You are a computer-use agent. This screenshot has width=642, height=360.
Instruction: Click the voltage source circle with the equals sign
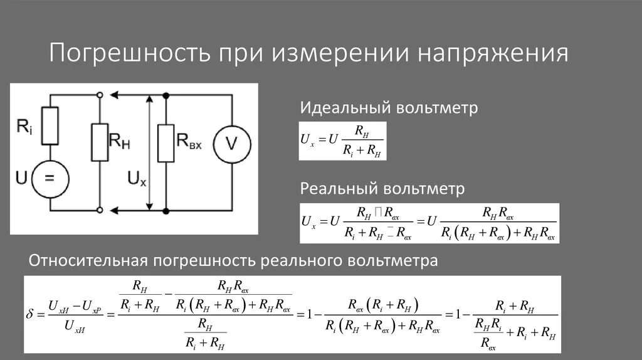pos(49,178)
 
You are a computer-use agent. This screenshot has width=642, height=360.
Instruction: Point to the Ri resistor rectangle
pos(50,125)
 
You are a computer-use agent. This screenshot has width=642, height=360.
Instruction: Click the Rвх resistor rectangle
pos(166,143)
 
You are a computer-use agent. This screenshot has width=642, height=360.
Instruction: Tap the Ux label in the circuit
pos(137,179)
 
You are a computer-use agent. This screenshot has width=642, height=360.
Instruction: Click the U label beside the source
pos(21,179)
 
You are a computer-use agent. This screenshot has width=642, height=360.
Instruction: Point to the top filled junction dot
pos(166,95)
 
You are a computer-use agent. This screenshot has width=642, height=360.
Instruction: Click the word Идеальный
pos(345,108)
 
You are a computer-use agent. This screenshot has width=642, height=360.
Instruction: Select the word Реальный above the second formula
pos(339,189)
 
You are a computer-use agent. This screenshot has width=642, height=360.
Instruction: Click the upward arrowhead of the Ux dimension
pos(149,99)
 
